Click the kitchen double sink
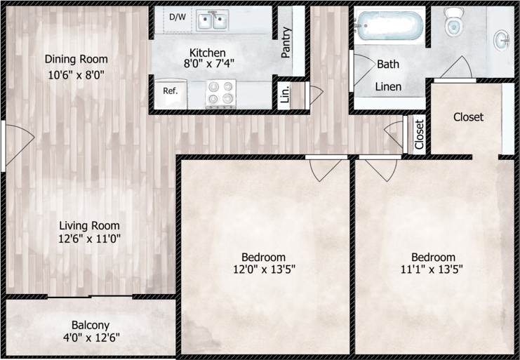pyautogui.click(x=213, y=22)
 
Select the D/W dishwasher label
pyautogui.click(x=177, y=15)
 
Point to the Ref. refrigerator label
pyautogui.click(x=171, y=91)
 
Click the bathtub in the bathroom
pyautogui.click(x=389, y=27)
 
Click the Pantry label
pyautogui.click(x=286, y=42)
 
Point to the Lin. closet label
pyautogui.click(x=285, y=94)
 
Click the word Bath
pyautogui.click(x=388, y=64)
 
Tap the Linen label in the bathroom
pyautogui.click(x=388, y=87)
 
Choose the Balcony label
pyautogui.click(x=91, y=325)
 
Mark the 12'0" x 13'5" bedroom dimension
pyautogui.click(x=263, y=269)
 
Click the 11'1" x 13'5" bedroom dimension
pyautogui.click(x=433, y=269)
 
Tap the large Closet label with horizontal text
pyautogui.click(x=468, y=116)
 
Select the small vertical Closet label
pyautogui.click(x=419, y=135)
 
